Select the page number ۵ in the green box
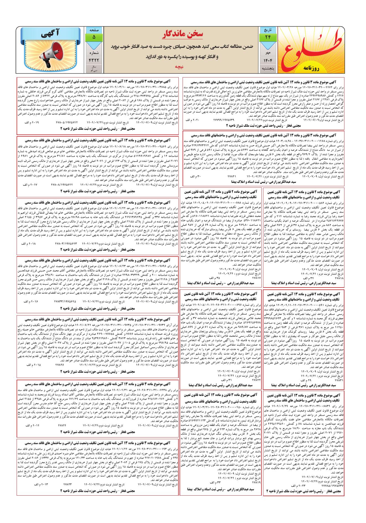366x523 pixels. coord(94,37)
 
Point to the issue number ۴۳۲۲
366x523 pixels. coord(94,60)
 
